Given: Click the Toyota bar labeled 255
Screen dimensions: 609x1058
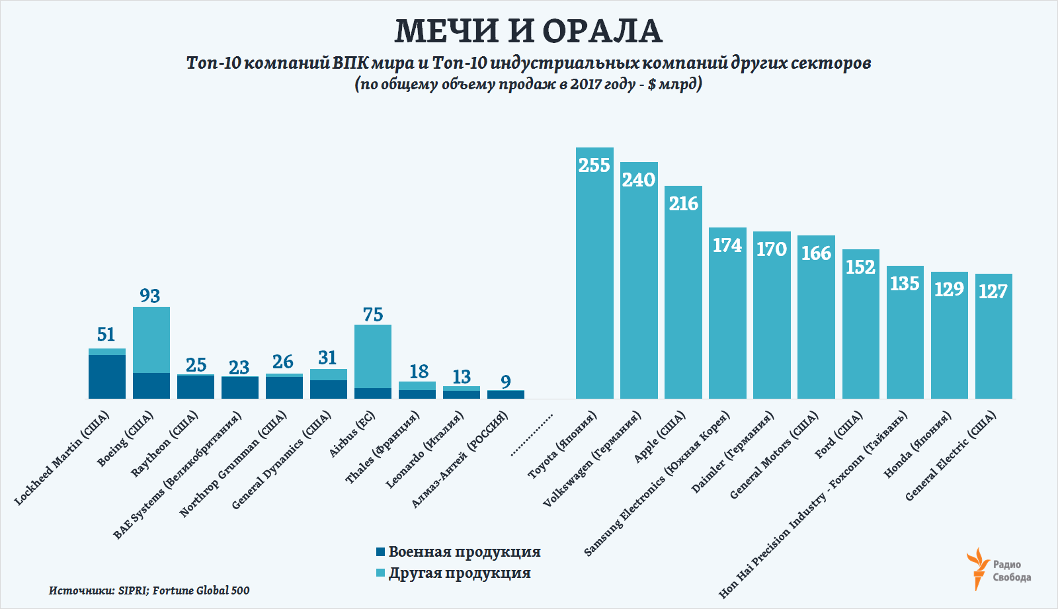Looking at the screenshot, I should (x=594, y=278).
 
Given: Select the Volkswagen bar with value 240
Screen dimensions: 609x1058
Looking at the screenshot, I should (x=639, y=284).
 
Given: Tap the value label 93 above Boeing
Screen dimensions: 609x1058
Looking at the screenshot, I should (x=150, y=296).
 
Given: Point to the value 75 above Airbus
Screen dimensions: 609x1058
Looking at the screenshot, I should (x=373, y=315).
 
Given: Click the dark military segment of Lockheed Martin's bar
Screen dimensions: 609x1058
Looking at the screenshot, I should (x=107, y=377).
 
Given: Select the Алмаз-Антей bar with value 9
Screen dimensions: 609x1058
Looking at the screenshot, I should (x=506, y=394).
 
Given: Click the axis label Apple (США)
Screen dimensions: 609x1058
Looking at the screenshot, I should (x=659, y=437).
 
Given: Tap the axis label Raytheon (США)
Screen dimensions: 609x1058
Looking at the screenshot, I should (x=165, y=444).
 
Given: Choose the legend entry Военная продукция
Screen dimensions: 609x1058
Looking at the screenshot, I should (x=458, y=551).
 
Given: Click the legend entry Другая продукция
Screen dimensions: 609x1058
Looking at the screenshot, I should (x=453, y=573).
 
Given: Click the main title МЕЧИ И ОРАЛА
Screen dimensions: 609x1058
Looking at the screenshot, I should (x=528, y=31).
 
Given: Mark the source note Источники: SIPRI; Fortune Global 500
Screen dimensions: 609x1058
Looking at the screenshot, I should (x=149, y=590).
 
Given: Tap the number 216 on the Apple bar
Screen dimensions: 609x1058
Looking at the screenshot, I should (x=684, y=204).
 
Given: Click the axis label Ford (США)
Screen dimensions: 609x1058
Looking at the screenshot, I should (x=839, y=435).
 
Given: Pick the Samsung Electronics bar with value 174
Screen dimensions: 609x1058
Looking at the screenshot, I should (x=728, y=317).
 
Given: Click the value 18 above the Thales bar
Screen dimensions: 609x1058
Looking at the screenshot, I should (x=419, y=372).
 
